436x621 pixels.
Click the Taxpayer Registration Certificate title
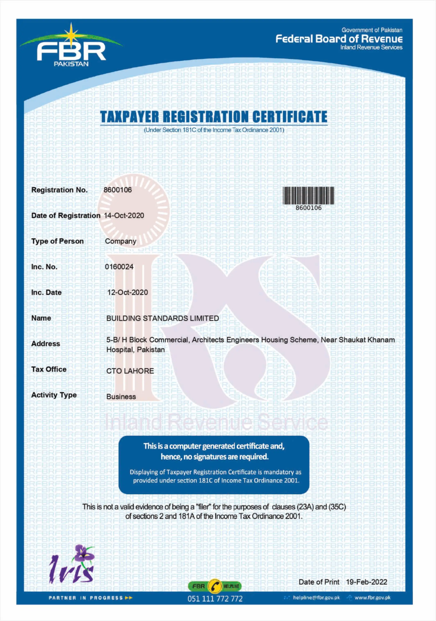point(213,117)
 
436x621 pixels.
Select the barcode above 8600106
point(308,195)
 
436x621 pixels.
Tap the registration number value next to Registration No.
point(118,190)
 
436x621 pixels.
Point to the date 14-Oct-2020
point(124,216)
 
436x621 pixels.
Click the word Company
point(121,241)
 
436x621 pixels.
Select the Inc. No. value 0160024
point(119,267)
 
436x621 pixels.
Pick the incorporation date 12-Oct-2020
point(128,292)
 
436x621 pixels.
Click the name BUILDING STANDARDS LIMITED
point(162,318)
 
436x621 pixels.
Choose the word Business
point(121,397)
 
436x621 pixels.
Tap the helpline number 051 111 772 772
point(215,599)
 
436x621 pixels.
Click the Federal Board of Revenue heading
point(339,39)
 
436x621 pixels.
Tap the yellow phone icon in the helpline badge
point(215,586)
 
